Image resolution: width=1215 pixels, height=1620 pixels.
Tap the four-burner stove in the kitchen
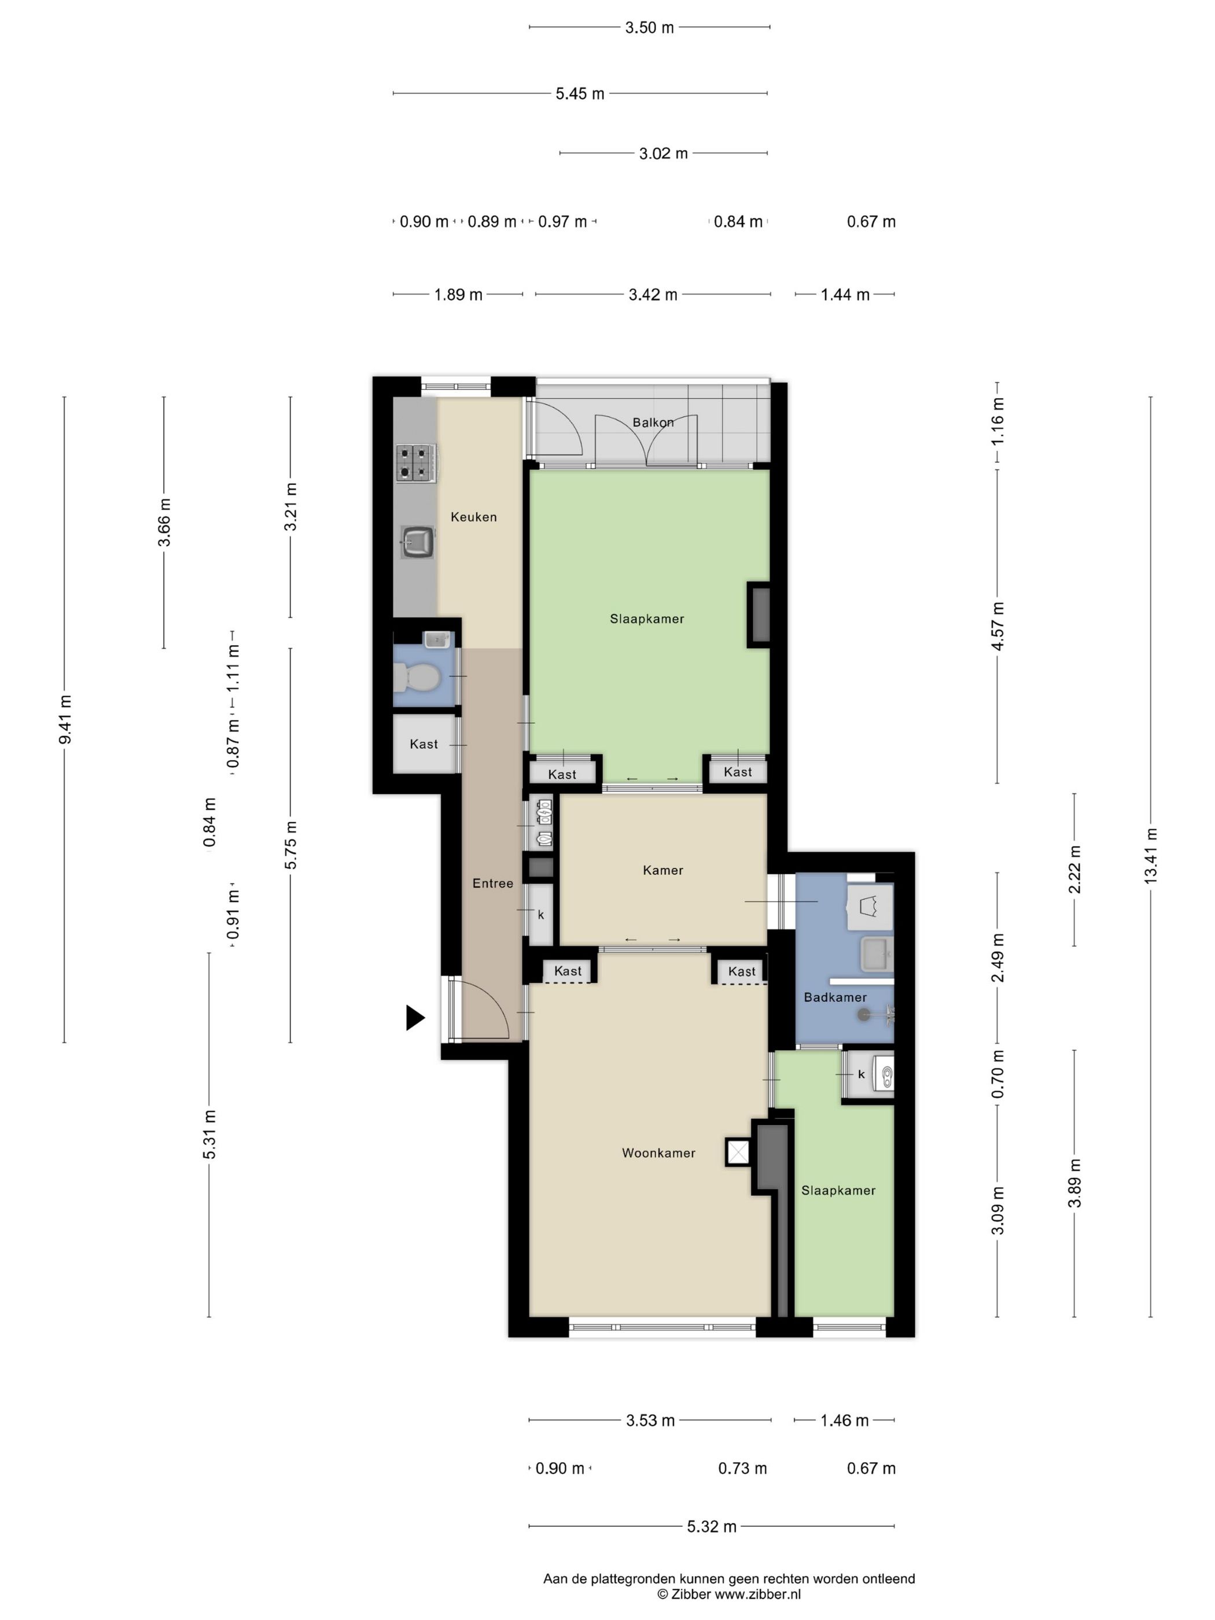coord(416,463)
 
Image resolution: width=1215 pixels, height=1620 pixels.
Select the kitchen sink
coord(418,542)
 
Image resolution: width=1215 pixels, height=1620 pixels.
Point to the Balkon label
coord(653,422)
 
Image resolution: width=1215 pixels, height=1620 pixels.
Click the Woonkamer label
coord(658,1152)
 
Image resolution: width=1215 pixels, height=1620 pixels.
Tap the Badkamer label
coord(835,996)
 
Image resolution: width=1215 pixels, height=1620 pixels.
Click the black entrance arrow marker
coord(414,1017)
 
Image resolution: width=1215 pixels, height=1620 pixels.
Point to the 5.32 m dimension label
coord(711,1526)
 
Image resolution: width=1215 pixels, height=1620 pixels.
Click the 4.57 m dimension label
coord(997,625)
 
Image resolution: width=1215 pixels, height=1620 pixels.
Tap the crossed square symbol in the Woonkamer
coord(738,1152)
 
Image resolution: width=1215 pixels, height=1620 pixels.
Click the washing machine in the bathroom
coord(870,906)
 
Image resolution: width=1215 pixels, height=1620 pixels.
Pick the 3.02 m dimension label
coord(664,153)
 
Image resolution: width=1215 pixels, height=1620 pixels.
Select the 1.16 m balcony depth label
coord(997,422)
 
